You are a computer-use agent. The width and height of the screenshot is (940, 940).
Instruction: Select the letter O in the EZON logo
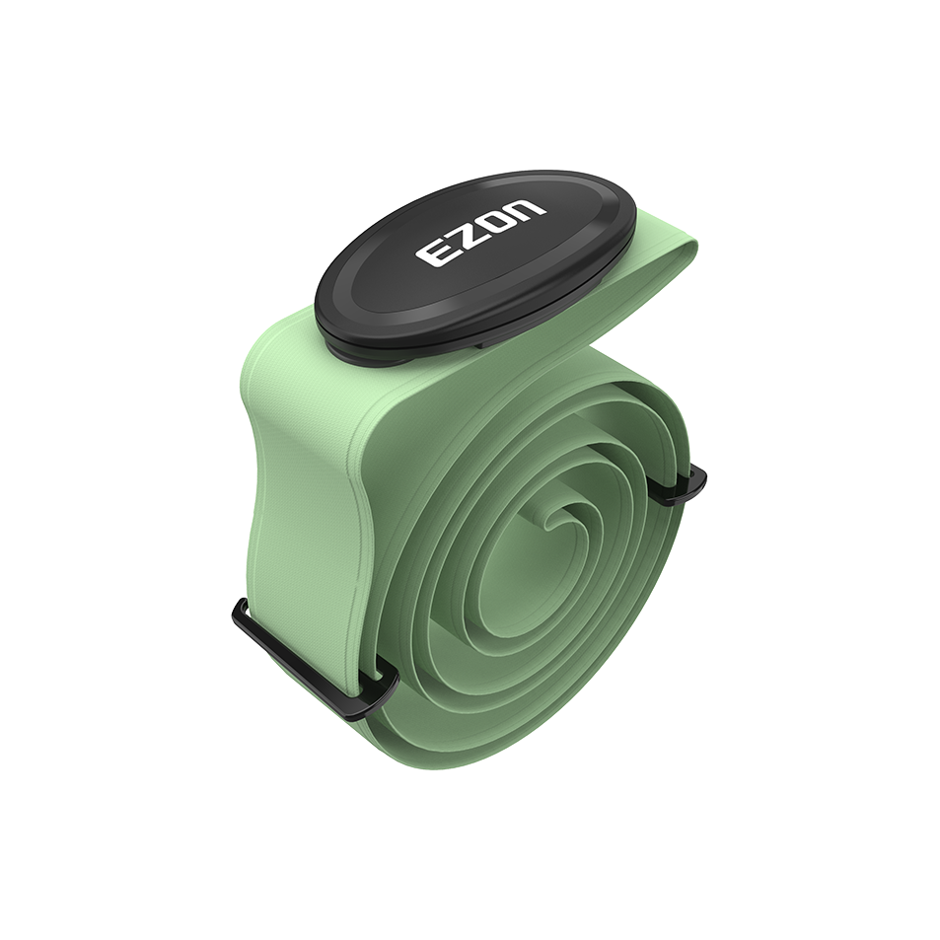coord(499,217)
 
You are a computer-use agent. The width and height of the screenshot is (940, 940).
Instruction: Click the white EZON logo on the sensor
coord(481,230)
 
